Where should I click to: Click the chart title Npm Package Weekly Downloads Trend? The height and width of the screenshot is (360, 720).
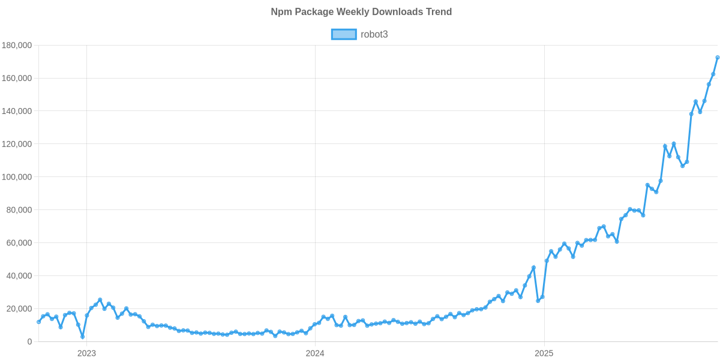(361, 11)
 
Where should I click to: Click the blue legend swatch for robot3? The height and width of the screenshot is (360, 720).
(343, 34)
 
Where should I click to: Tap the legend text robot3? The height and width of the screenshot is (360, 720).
(374, 34)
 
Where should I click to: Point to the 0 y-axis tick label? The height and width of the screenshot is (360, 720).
(29, 342)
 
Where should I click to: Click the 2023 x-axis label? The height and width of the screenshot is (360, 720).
(86, 353)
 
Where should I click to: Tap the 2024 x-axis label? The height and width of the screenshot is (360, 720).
(315, 353)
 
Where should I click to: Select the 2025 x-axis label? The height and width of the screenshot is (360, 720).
(544, 353)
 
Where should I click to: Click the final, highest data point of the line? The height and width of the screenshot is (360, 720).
(718, 58)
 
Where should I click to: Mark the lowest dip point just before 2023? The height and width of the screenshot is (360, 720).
(82, 337)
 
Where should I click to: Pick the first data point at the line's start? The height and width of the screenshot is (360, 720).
(38, 322)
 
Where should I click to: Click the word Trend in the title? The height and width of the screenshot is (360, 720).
(439, 11)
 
